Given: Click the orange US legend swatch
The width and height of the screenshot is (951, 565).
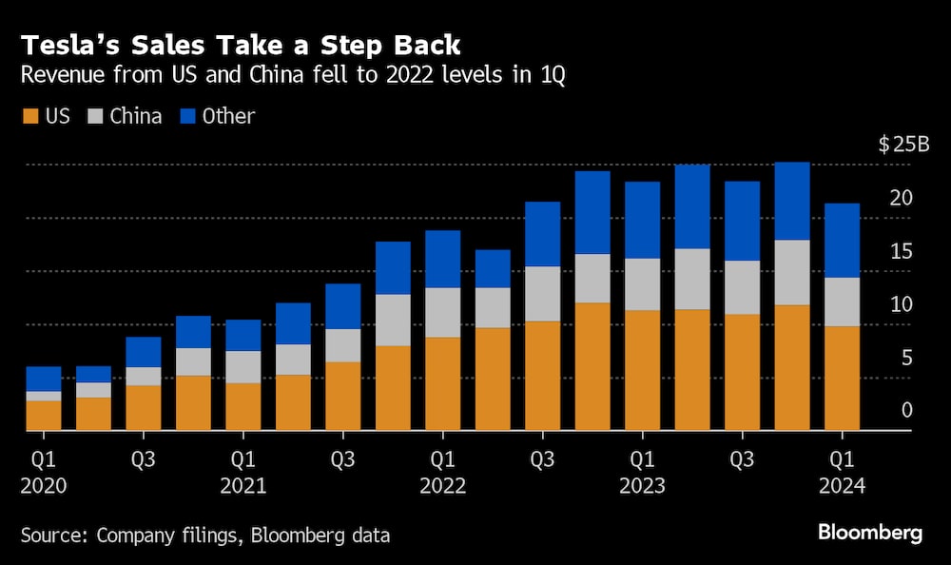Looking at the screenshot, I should click(29, 117).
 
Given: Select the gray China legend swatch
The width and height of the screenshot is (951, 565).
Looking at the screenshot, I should click(93, 117).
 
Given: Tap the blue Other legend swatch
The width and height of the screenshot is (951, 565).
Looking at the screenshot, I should click(185, 117).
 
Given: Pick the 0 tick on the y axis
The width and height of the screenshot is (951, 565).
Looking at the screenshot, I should click(907, 411).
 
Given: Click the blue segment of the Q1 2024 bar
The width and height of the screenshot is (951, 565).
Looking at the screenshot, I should click(842, 241).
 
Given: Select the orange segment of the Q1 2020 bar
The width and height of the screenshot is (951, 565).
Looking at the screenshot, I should click(44, 416).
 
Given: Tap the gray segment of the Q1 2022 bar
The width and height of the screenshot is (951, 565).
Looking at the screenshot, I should click(443, 312).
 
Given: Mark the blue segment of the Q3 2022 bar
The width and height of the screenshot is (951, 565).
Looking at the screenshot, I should click(542, 234).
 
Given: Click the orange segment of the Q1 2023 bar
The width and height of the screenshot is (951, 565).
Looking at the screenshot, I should click(642, 370).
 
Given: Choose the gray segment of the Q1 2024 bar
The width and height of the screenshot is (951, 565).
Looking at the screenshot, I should click(842, 302).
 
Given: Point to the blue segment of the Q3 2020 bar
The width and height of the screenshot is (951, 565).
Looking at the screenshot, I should click(144, 352).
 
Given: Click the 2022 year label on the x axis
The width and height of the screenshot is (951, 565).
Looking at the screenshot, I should click(443, 486).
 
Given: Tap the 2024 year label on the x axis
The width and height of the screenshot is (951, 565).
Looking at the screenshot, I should click(842, 486).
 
